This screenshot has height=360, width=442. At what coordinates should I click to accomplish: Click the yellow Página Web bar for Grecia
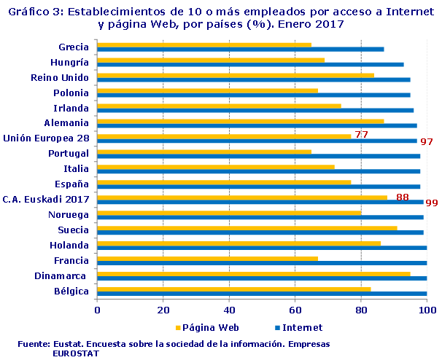(204, 44)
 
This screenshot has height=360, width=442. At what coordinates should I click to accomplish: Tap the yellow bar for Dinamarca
(254, 273)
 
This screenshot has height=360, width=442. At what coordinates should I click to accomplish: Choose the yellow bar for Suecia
(247, 227)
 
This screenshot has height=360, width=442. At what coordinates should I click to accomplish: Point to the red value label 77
(360, 134)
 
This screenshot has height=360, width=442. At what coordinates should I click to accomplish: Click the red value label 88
(402, 197)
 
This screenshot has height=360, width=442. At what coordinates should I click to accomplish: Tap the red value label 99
(431, 203)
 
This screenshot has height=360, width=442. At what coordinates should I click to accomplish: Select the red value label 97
(427, 141)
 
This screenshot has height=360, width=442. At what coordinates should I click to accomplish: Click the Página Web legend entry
(206, 327)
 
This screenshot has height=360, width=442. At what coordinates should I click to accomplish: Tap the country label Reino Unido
(60, 77)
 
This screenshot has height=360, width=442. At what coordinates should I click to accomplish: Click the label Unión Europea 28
(46, 138)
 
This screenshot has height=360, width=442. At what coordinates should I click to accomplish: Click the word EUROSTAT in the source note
(76, 353)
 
